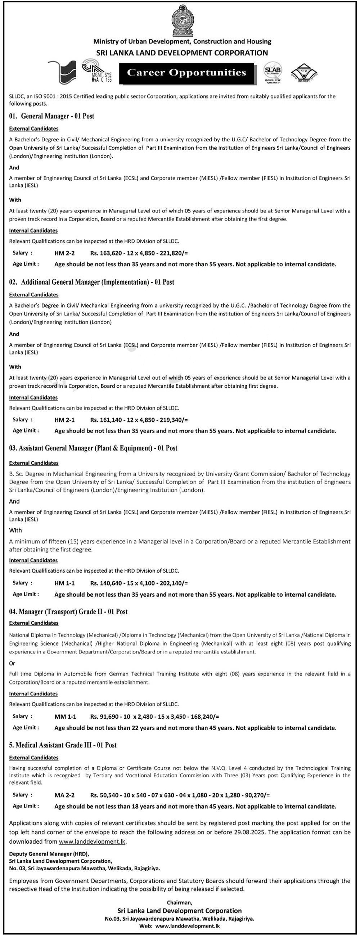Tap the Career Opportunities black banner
(186, 73)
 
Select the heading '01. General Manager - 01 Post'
(52, 116)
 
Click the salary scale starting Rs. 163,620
(139, 253)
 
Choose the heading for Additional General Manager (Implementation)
(91, 282)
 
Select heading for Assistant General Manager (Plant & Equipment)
(93, 448)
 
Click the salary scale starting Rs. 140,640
(139, 583)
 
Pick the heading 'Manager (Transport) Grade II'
(68, 611)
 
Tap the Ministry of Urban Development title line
(182, 42)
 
